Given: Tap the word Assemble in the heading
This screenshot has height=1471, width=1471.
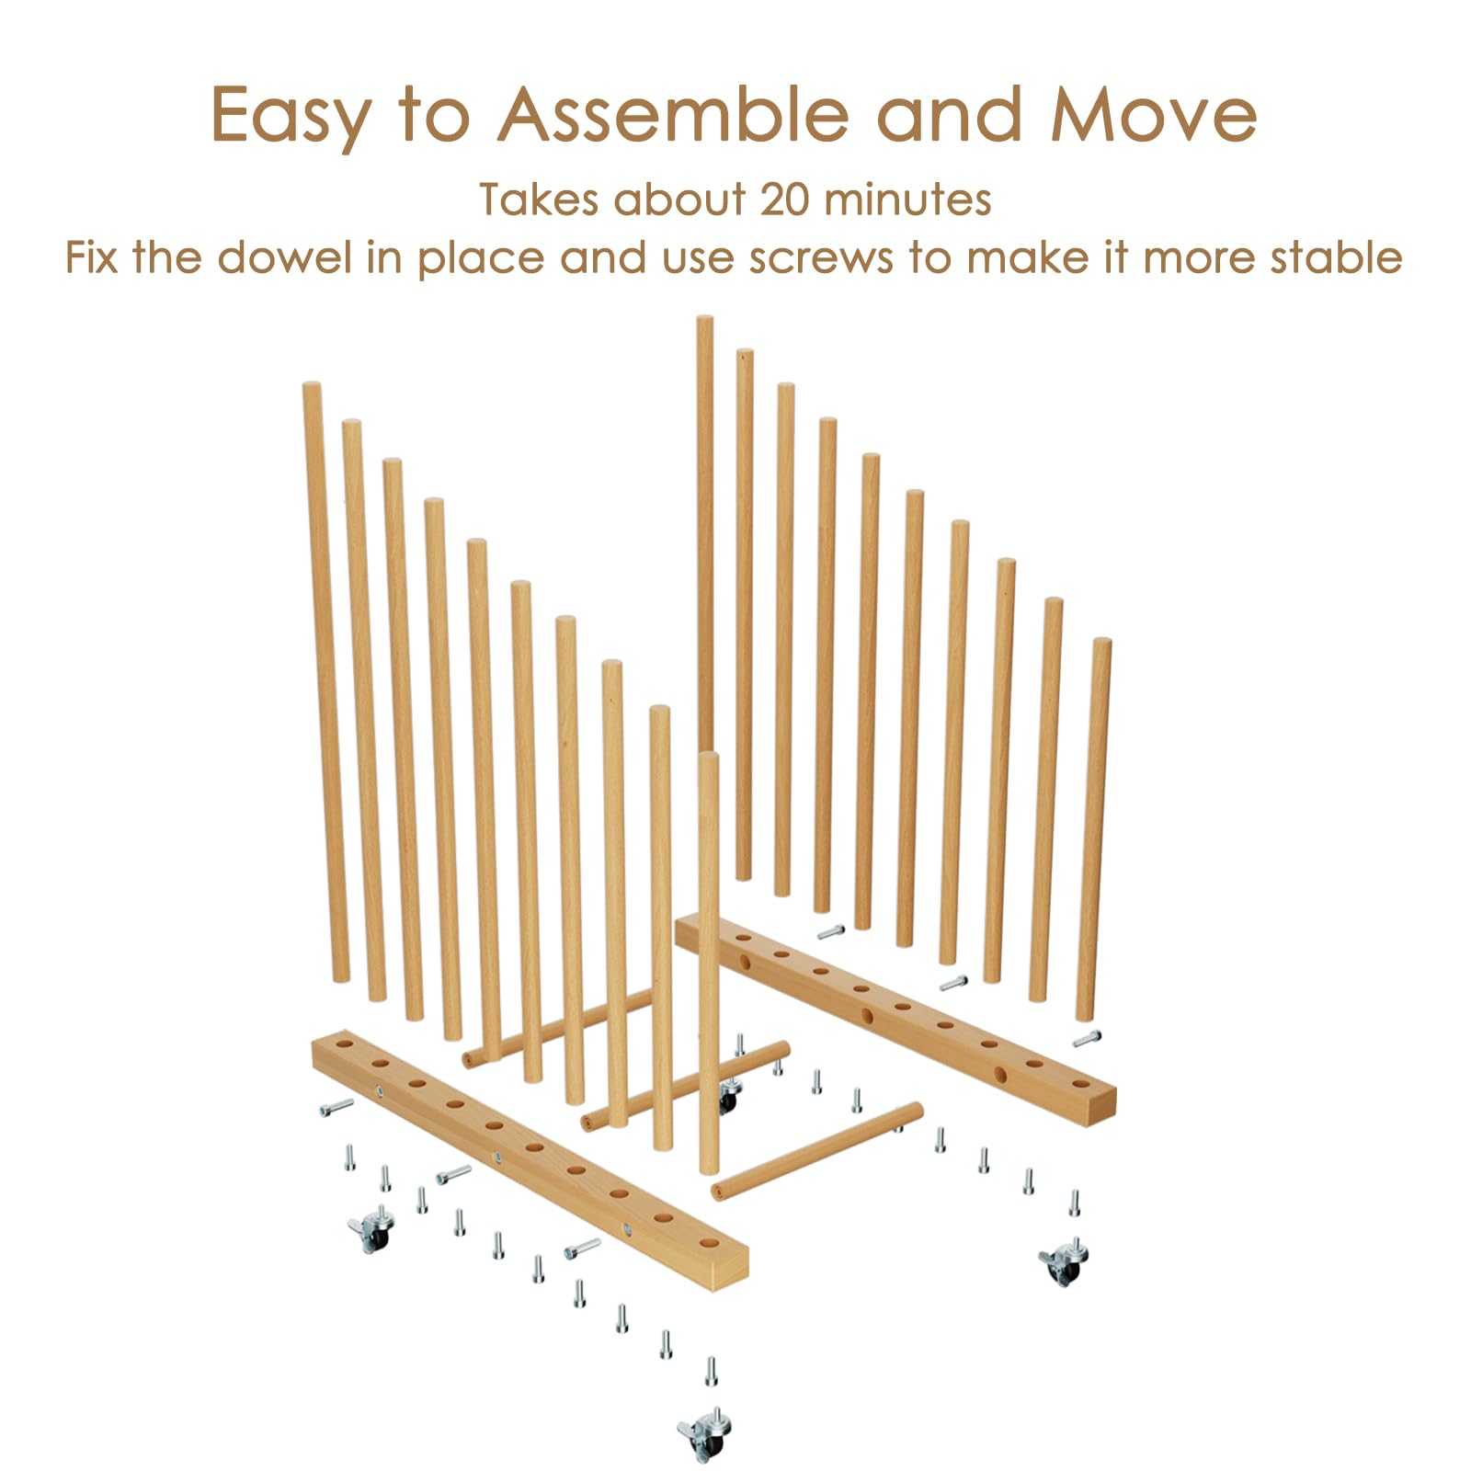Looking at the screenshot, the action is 672,114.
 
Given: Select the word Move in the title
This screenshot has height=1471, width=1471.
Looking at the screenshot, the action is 1154,115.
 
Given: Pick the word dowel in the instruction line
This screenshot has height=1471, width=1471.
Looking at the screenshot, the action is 285,257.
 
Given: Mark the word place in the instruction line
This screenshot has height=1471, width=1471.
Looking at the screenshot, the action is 481,259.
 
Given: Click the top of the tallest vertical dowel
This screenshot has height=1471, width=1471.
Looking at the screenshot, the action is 704,319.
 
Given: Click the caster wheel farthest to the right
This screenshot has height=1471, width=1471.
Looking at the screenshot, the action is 1065,1260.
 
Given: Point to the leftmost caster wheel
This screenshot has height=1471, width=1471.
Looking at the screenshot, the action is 372,1229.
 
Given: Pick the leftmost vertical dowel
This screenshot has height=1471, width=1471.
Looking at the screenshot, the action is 325,681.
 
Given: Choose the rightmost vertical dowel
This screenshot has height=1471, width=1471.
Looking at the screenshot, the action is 1093,828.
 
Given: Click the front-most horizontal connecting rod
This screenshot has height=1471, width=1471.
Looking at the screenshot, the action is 817,1151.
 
